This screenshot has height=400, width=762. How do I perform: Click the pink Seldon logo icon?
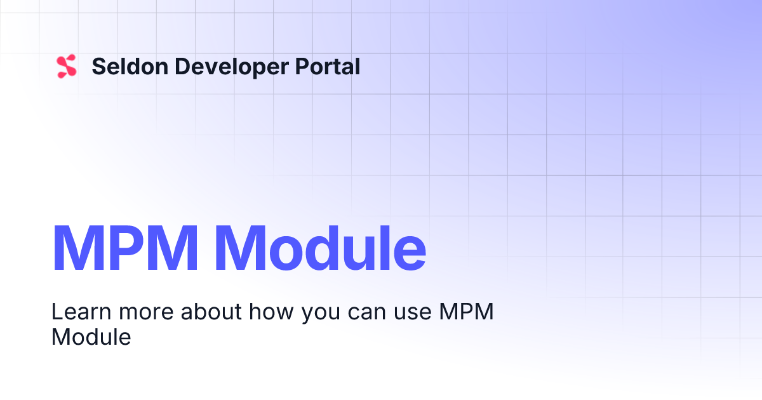click(x=67, y=66)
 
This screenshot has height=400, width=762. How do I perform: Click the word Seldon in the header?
click(x=130, y=66)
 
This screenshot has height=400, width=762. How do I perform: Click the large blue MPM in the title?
click(x=125, y=248)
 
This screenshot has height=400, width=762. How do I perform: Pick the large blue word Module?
click(x=320, y=248)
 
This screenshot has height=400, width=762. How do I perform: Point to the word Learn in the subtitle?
click(x=81, y=311)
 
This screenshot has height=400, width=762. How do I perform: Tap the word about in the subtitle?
click(x=211, y=311)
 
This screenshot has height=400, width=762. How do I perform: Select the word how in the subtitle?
click(x=271, y=311)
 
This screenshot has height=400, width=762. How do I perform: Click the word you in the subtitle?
click(x=321, y=315)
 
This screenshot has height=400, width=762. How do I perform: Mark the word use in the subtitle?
click(x=413, y=314)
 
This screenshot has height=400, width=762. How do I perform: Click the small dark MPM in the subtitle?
click(x=466, y=311)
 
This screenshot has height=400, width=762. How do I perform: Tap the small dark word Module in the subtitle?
click(x=91, y=337)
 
